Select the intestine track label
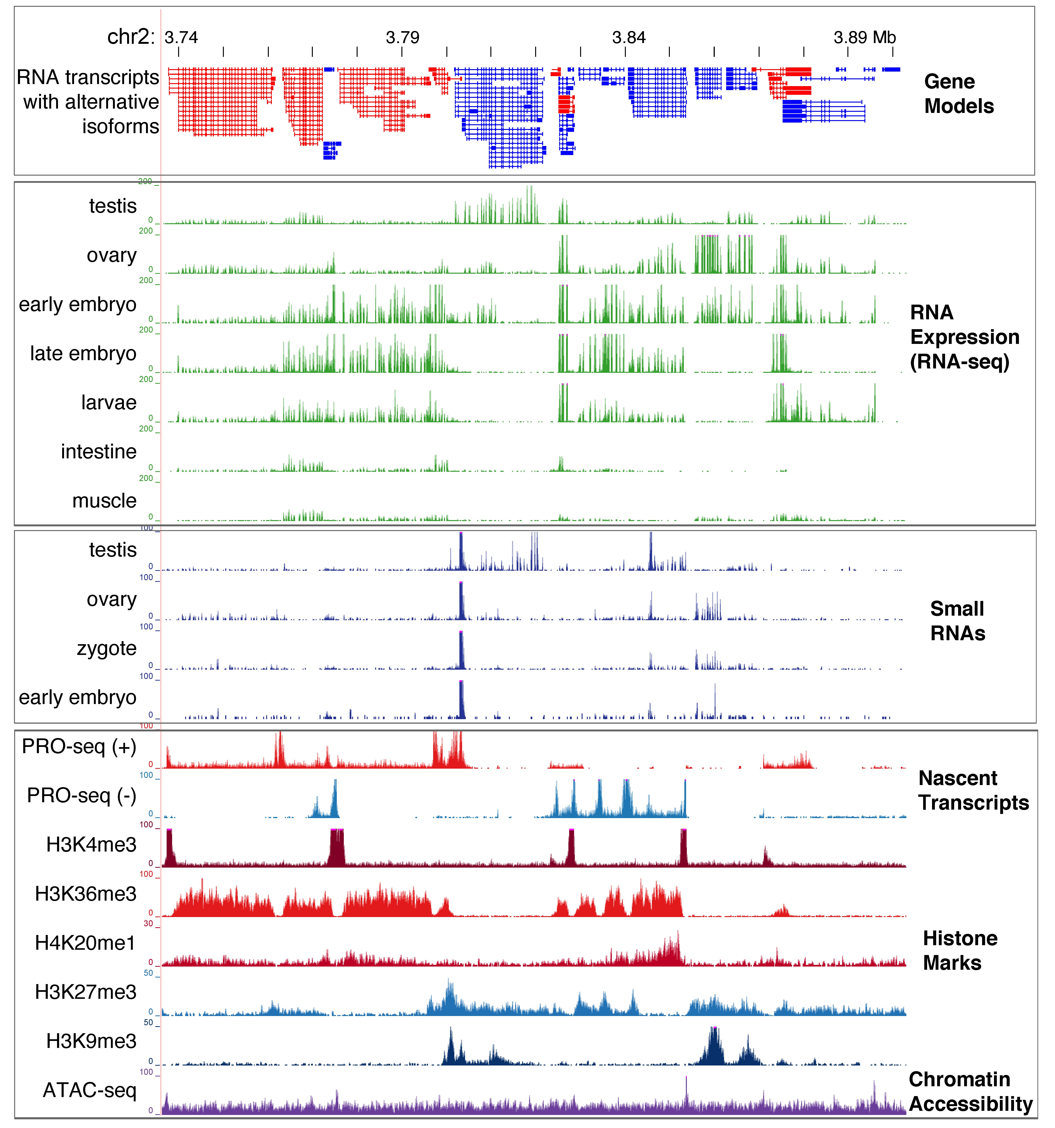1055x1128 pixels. click(x=99, y=452)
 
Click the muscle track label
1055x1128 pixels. click(x=104, y=501)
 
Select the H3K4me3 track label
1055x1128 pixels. click(x=91, y=845)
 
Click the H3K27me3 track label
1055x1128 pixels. click(x=86, y=992)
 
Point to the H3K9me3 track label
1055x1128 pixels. click(x=91, y=1041)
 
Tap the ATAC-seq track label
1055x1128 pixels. click(x=90, y=1091)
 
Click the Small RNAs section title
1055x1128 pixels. click(x=957, y=621)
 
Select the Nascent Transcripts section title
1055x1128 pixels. click(x=973, y=790)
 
